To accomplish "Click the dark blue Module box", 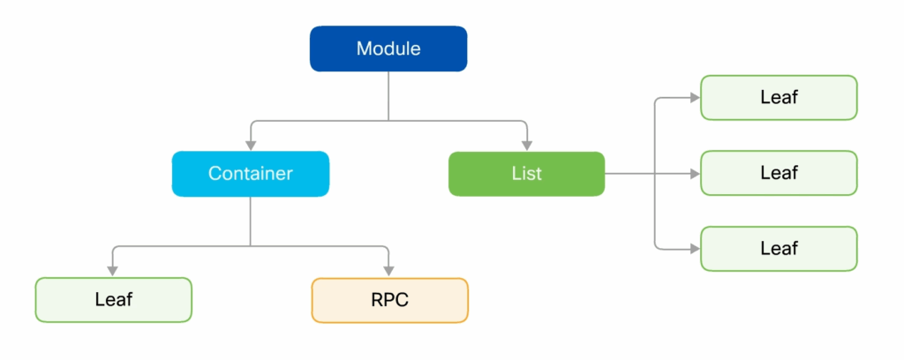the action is point(388,49).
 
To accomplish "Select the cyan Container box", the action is point(251,173).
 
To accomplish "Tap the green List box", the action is point(527,173).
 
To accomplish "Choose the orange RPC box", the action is point(389,300).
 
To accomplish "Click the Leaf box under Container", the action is point(114,299).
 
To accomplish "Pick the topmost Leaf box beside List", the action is point(779,97).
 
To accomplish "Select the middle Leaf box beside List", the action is point(779,173).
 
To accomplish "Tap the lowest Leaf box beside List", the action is point(779,248).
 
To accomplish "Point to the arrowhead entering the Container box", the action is point(251,146).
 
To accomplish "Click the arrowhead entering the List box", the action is point(527,146).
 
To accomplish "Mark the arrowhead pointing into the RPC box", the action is point(389,271).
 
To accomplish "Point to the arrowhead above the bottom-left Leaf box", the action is point(113,271).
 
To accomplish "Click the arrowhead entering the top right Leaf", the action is point(695,98).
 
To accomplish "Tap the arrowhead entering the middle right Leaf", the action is point(695,173).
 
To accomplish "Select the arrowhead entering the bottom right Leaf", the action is point(695,249).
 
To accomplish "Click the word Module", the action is point(388,49).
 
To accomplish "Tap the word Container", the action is point(251,173).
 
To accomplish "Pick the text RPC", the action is point(389,300).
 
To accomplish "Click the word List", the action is point(527,173).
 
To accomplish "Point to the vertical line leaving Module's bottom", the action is point(388,96).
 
